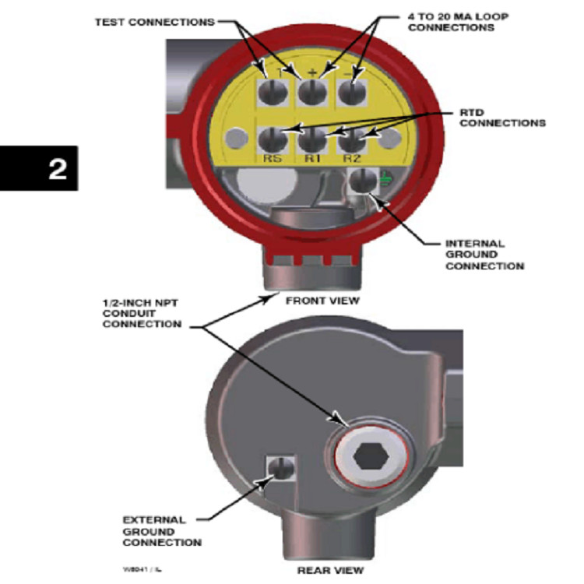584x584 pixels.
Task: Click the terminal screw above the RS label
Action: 273,140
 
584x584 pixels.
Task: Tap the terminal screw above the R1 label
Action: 312,140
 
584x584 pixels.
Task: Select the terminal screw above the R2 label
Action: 351,140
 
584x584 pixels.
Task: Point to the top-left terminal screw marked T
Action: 273,92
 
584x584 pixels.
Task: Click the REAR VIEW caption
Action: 329,570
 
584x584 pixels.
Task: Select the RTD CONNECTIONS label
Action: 498,117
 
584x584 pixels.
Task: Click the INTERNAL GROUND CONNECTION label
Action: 484,255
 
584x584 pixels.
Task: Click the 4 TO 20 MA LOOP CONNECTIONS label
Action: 451,21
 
